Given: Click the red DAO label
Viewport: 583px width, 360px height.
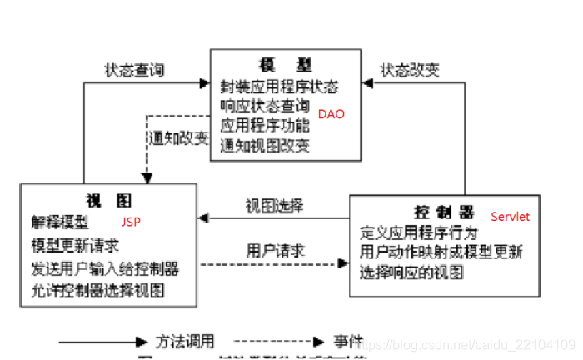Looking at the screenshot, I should [x=331, y=114].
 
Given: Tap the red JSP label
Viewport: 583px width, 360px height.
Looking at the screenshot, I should [x=131, y=222].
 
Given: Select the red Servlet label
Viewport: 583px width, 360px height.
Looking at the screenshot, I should [x=510, y=217].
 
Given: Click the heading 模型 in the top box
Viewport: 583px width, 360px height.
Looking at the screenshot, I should [x=285, y=66].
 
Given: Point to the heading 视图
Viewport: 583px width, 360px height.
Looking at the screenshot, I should [x=108, y=201].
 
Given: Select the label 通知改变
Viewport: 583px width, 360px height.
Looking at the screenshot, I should [x=179, y=137].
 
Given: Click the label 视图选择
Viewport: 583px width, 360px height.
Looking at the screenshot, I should [x=274, y=205].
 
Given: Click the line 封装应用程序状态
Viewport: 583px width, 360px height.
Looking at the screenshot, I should [x=279, y=87].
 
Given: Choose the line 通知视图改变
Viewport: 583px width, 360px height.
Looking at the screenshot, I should [x=265, y=146].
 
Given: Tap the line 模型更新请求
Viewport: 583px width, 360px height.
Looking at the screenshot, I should [x=75, y=246].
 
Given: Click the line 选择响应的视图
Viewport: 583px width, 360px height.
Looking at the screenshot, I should [x=411, y=272].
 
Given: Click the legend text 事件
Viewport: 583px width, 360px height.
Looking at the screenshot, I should [x=349, y=341].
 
